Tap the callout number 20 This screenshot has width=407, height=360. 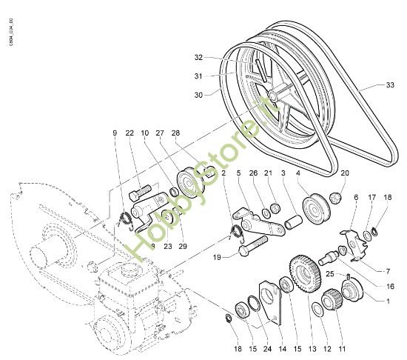[x=344, y=173]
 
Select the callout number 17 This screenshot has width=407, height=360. [x=371, y=198]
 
